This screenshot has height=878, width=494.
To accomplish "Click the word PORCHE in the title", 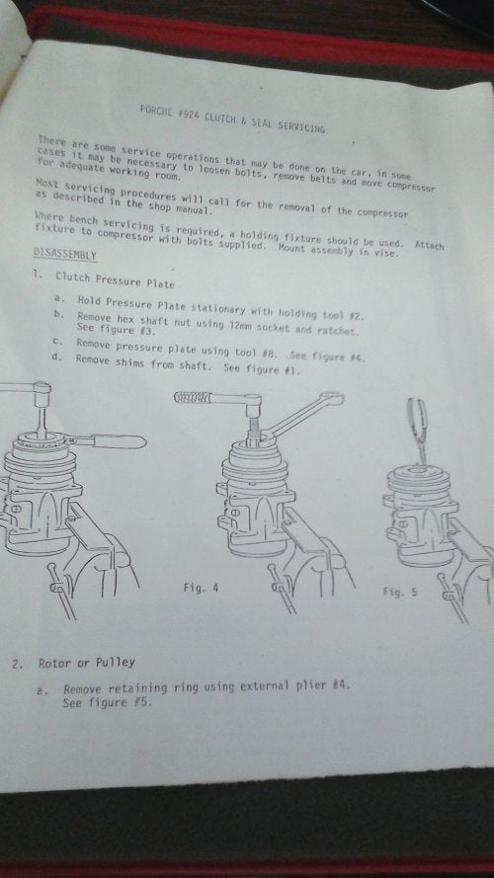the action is point(154,110).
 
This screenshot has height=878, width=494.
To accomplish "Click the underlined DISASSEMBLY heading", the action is point(65,254).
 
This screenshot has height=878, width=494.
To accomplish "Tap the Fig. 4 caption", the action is point(202,588).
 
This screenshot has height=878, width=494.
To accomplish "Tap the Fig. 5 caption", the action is point(400,592).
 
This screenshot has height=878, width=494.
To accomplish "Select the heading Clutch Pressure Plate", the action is point(115,279).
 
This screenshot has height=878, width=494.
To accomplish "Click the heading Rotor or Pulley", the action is point(87,663).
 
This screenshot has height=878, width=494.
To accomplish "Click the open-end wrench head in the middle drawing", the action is point(329,399).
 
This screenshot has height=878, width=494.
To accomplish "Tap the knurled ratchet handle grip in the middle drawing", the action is point(192,398).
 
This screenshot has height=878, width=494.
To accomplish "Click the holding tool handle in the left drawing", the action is point(119,441).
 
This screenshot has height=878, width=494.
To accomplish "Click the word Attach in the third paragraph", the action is point(429,245).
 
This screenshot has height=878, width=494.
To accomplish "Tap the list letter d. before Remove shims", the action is point(56,357).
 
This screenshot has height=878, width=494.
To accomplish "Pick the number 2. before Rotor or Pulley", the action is point(18,665).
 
